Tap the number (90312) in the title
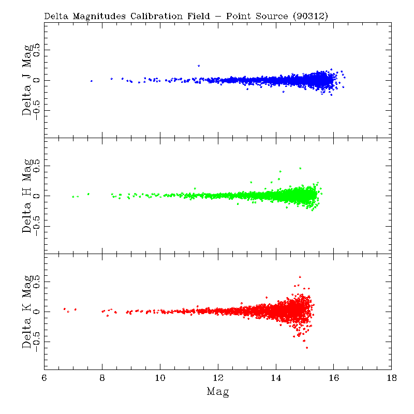coord(310,16)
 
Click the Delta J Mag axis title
coord(27,80)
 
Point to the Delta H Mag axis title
coord(27,196)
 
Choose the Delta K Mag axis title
coord(27,312)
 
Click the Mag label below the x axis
coord(218,392)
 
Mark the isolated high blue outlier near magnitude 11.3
coord(198,66)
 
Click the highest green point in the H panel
coord(300,168)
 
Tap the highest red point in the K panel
coord(300,277)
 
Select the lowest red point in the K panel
coord(306,348)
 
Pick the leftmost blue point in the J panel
coord(92,81)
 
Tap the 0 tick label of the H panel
coord(36,196)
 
